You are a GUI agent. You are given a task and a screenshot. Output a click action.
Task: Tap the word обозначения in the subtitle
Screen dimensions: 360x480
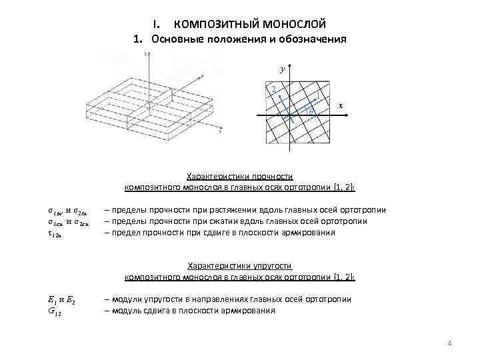(x=312, y=39)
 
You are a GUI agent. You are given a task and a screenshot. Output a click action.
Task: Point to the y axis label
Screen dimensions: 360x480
(x=281, y=69)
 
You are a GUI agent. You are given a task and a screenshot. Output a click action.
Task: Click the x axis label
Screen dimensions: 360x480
(x=341, y=105)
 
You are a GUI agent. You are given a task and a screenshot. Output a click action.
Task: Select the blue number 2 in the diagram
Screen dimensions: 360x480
(x=272, y=90)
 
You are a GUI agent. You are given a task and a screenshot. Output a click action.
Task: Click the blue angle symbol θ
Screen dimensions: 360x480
(x=311, y=111)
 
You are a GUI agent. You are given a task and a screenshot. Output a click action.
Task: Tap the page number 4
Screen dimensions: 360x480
(x=449, y=343)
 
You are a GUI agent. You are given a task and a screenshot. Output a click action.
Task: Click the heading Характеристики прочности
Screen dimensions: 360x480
(x=239, y=177)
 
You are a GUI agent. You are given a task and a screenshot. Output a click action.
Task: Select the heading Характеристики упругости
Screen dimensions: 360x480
(x=239, y=265)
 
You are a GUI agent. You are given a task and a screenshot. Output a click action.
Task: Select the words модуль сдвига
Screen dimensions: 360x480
(x=135, y=311)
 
